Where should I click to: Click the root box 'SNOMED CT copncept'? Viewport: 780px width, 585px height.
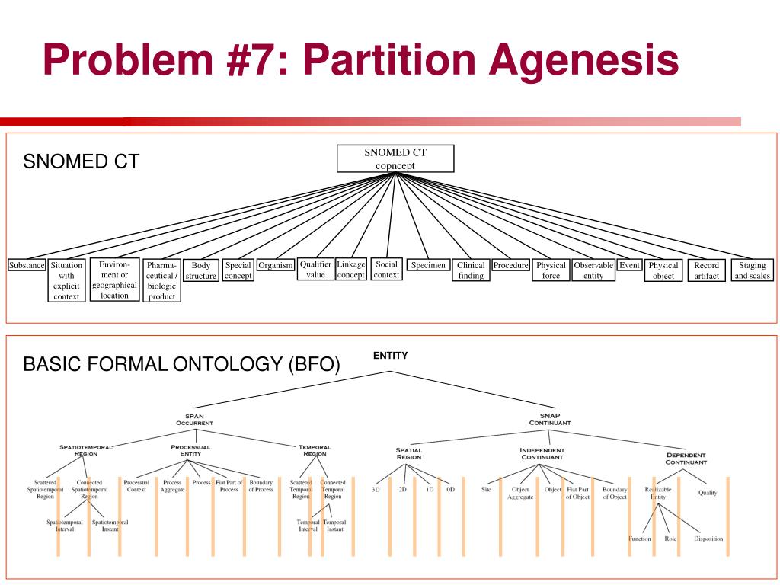395,158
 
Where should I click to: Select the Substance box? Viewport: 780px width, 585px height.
27,266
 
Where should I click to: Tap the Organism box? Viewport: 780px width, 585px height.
276,266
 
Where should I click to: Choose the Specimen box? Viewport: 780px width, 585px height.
427,266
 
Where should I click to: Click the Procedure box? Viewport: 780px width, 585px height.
510,266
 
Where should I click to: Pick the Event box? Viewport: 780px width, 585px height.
629,266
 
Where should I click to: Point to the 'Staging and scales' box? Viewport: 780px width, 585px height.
752,270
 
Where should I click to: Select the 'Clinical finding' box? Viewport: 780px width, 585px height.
471,270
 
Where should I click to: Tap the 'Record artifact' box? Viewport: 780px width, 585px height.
706,270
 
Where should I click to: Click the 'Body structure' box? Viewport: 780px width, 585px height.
201,270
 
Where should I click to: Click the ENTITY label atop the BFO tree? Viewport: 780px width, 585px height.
391,356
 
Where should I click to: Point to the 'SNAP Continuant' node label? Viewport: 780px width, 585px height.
549,419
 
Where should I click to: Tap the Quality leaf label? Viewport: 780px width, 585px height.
708,493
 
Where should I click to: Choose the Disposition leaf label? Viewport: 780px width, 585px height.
708,539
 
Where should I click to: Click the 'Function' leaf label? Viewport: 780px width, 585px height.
639,539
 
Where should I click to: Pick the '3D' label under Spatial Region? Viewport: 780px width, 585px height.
376,489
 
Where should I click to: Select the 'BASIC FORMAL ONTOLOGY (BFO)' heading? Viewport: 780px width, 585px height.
182,364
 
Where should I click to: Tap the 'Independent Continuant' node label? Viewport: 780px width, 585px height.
542,453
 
